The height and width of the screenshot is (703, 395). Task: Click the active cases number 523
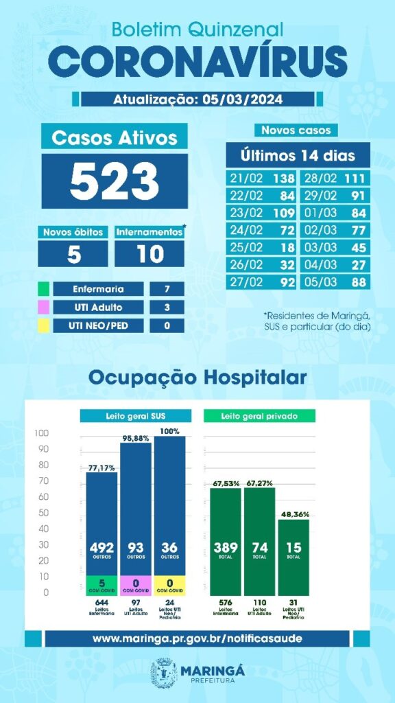pyautogui.click(x=114, y=180)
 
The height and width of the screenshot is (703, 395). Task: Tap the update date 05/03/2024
pyautogui.click(x=239, y=99)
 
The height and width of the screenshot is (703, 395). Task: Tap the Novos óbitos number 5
pyautogui.click(x=72, y=254)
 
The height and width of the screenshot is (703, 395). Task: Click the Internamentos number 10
pyautogui.click(x=149, y=254)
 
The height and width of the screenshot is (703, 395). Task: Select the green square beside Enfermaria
pyautogui.click(x=43, y=289)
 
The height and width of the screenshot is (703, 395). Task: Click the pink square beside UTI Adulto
pyautogui.click(x=43, y=307)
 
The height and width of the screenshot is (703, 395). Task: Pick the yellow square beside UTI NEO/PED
pyautogui.click(x=43, y=325)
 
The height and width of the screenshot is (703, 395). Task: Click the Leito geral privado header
pyautogui.click(x=259, y=416)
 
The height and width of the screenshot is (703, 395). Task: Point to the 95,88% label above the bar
pyautogui.click(x=136, y=438)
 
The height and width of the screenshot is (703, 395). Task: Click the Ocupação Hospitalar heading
pyautogui.click(x=197, y=378)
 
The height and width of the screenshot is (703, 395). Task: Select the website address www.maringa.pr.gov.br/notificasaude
pyautogui.click(x=197, y=638)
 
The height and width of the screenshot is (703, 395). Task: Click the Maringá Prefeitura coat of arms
pyautogui.click(x=165, y=671)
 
